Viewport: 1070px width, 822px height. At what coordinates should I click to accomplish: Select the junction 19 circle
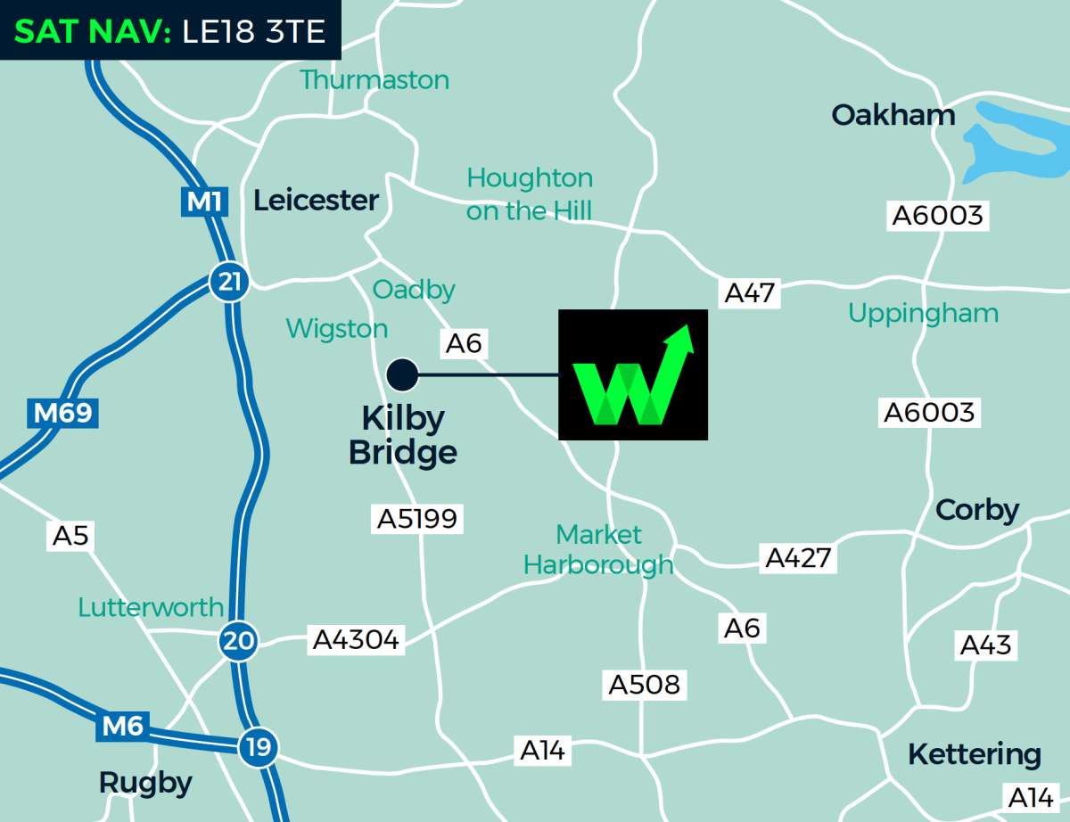259,747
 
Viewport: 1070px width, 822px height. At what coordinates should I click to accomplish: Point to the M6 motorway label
122,727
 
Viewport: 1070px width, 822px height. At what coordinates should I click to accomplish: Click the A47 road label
750,292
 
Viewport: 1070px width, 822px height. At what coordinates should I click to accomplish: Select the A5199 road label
417,519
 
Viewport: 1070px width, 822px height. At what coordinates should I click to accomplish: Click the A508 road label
644,685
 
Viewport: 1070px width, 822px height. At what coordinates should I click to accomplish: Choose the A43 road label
985,645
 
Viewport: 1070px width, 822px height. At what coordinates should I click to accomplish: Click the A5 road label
70,536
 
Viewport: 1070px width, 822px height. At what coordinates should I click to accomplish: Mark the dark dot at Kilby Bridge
402,375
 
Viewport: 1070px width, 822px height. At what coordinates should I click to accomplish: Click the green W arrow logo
633,375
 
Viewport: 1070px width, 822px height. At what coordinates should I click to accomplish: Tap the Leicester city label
316,201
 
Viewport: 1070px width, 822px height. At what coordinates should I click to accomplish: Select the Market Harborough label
598,549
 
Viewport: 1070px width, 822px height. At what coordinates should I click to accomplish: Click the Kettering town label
974,755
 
